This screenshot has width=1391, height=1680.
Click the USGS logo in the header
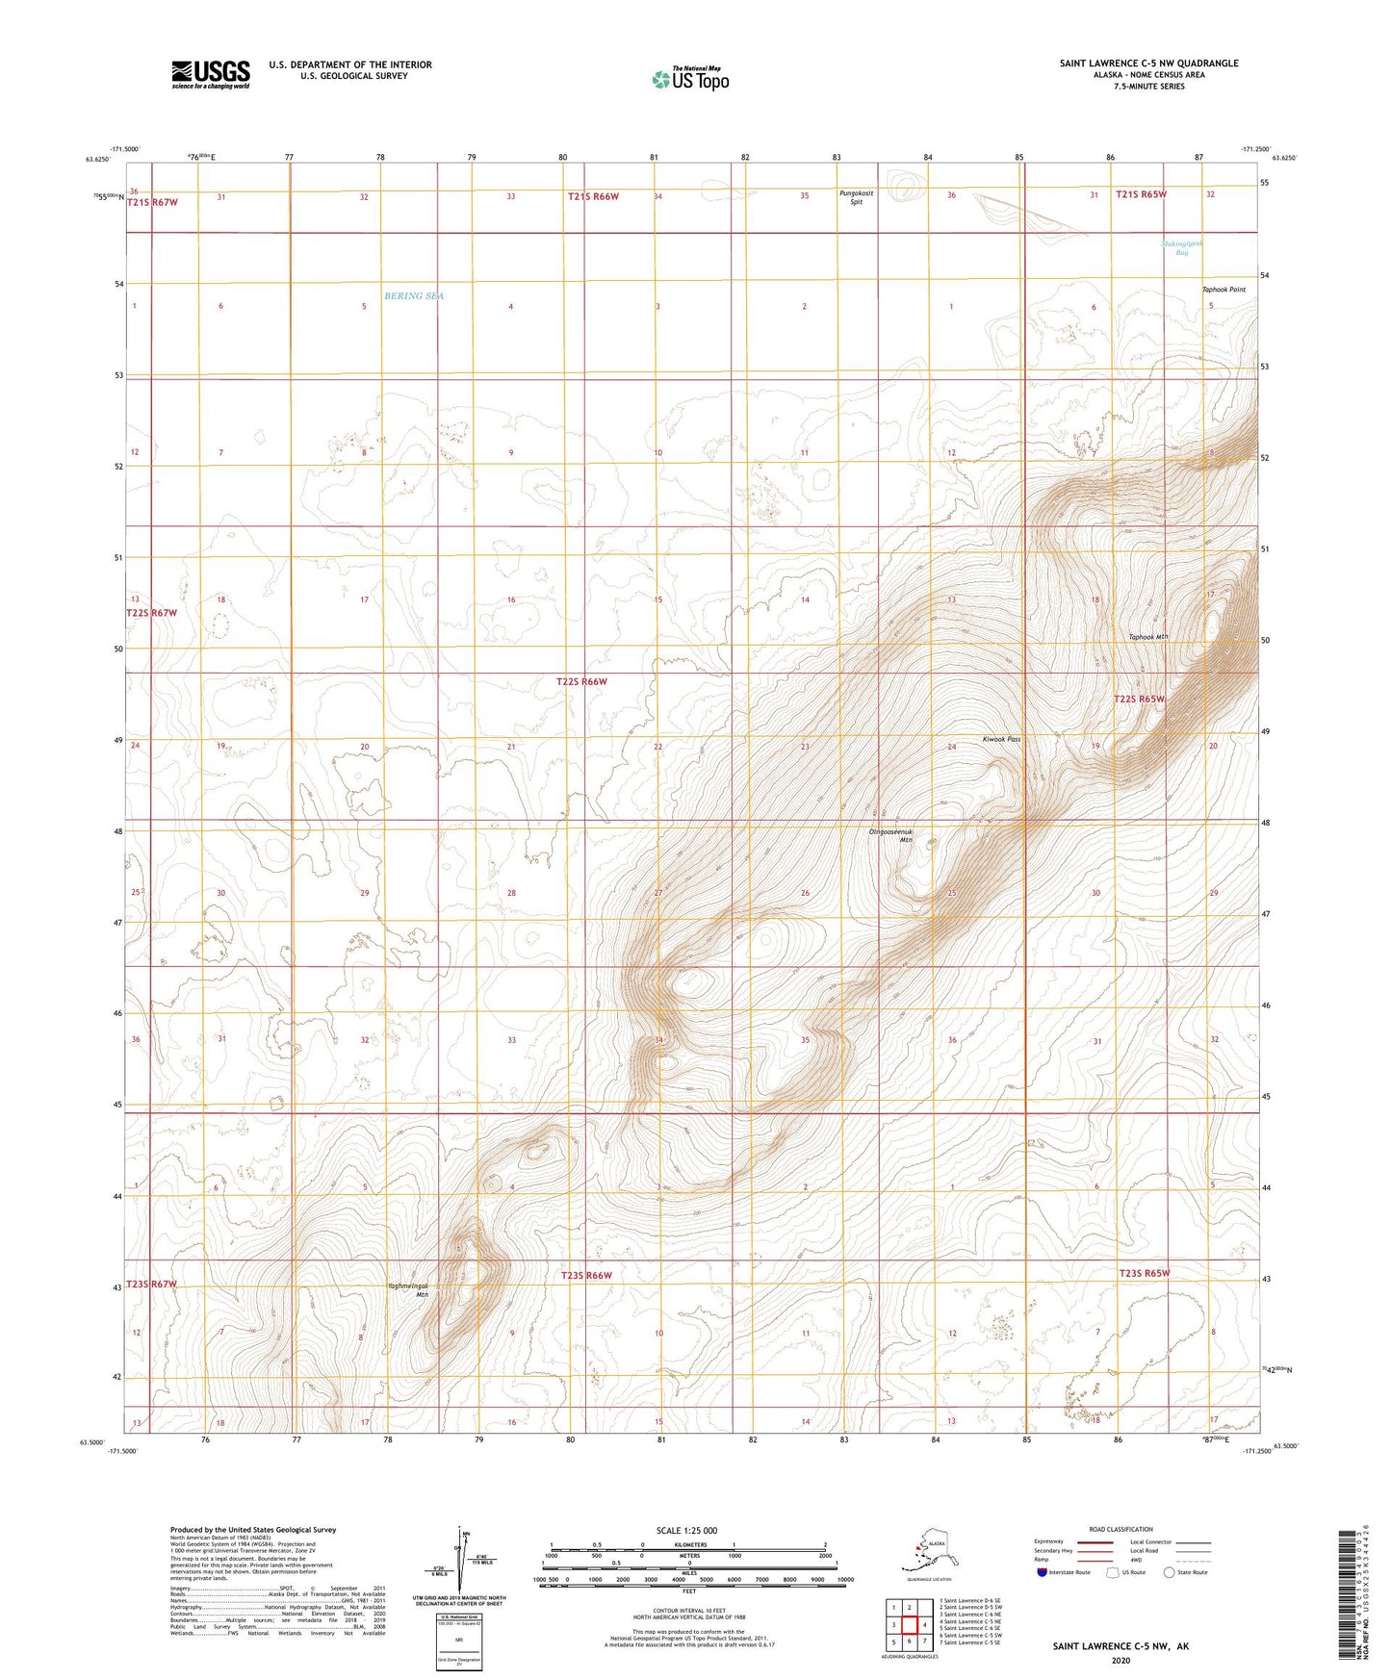(x=211, y=74)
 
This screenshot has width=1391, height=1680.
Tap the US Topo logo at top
(x=689, y=78)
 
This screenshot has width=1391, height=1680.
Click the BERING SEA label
(x=414, y=296)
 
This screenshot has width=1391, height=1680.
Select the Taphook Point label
(x=1224, y=290)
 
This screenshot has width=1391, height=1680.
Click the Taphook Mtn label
(x=1147, y=637)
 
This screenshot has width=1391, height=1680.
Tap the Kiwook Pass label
(x=1001, y=739)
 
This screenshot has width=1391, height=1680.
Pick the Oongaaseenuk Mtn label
(x=891, y=835)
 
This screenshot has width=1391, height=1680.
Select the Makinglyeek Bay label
(x=1182, y=248)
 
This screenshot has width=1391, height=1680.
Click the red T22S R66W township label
(x=581, y=681)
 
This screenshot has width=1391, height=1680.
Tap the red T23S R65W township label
(x=1144, y=1273)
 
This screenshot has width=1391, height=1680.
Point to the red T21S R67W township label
(x=152, y=203)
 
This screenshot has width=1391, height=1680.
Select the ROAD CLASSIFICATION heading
(x=1121, y=1529)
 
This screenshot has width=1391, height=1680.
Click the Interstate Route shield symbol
(x=1043, y=1572)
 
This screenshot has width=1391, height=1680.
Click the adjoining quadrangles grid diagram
(x=909, y=1622)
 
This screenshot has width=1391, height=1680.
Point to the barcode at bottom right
(x=1349, y=1594)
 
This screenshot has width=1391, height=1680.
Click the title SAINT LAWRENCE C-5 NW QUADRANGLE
(x=1148, y=64)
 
